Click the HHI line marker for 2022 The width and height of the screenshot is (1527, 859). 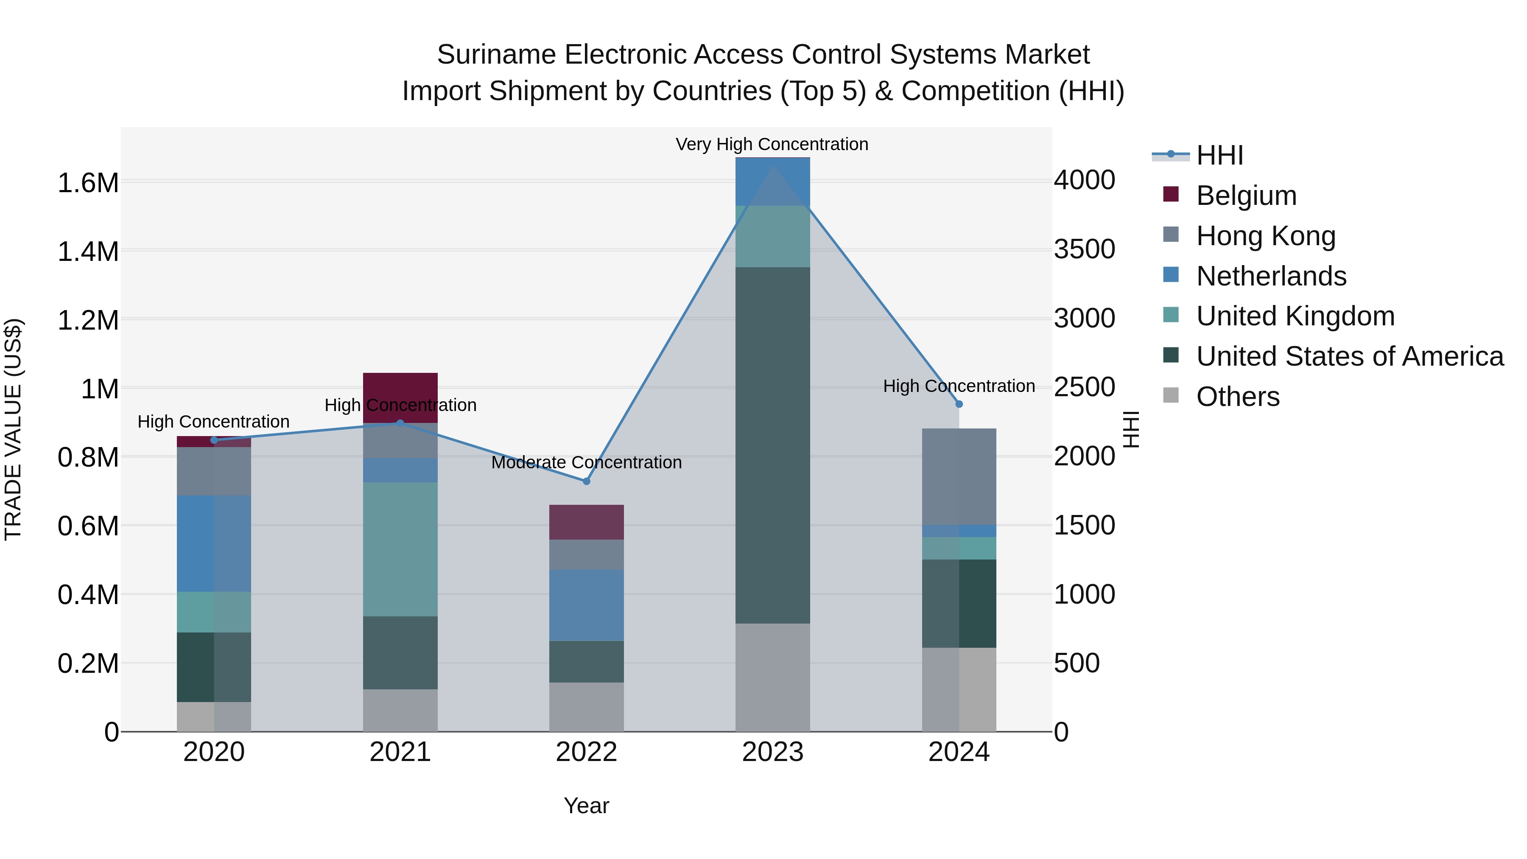(586, 481)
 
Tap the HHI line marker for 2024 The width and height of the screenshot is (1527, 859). (959, 404)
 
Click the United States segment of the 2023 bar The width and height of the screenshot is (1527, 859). (772, 445)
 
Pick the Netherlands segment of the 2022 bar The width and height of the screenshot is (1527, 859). (586, 604)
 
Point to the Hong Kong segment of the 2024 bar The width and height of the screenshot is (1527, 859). (959, 476)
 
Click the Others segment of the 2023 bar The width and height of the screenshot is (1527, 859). (772, 677)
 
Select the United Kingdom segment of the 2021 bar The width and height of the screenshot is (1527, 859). (400, 549)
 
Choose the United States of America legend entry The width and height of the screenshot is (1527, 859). (1349, 356)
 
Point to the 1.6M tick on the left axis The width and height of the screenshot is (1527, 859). (88, 182)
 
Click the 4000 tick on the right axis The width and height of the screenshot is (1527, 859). (1084, 180)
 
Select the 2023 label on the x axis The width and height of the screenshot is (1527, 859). (772, 752)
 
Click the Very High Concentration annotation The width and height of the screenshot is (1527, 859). (772, 144)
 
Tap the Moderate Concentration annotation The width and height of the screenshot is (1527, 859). (586, 462)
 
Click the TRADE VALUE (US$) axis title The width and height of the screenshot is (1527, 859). (13, 428)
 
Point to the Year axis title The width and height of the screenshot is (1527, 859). (586, 806)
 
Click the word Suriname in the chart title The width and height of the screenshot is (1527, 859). (497, 55)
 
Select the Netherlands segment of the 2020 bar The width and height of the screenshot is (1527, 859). (214, 544)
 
